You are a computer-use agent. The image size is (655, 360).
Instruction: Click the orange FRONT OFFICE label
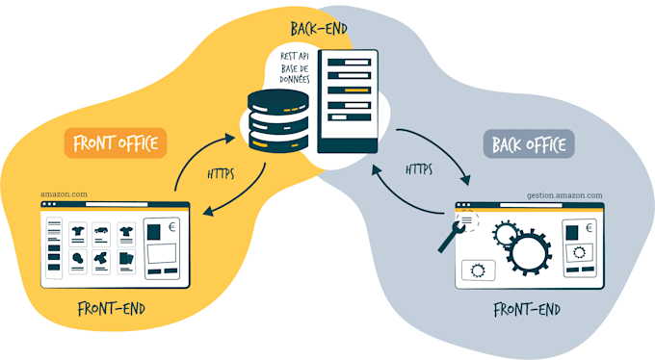(117, 144)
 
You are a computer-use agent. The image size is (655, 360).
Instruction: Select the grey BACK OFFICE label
(528, 144)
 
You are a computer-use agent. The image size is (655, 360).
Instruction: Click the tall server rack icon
(348, 101)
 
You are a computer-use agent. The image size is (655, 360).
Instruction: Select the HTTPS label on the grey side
(418, 169)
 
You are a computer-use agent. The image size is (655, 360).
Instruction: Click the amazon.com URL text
(65, 193)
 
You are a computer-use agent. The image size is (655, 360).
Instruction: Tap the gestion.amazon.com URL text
(564, 194)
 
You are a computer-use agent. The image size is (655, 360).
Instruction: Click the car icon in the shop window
(100, 231)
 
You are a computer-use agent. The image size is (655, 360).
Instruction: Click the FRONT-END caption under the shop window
(111, 310)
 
